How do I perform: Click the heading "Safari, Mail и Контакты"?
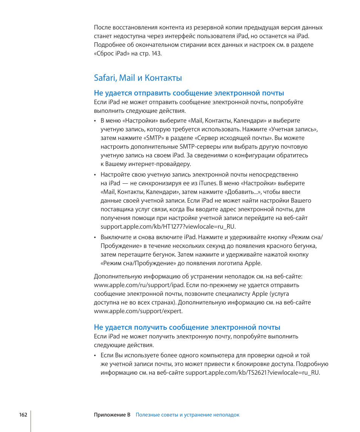tap(138, 78)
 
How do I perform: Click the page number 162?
tap(23, 415)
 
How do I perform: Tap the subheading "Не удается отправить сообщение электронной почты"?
tap(189, 93)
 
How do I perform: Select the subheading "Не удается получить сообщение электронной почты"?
tap(187, 327)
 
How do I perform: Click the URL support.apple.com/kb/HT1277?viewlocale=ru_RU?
tap(168, 226)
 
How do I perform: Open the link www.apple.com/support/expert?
tap(138, 311)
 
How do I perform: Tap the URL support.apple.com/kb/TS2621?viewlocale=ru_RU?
tap(252, 372)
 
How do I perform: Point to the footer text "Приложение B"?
tap(112, 415)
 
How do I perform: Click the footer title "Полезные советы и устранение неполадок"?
tap(188, 415)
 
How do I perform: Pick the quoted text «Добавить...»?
tap(243, 192)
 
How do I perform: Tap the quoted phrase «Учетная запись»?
tap(295, 129)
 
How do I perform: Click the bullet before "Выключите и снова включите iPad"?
tap(95, 237)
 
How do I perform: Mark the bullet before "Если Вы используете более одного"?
tap(95, 355)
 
